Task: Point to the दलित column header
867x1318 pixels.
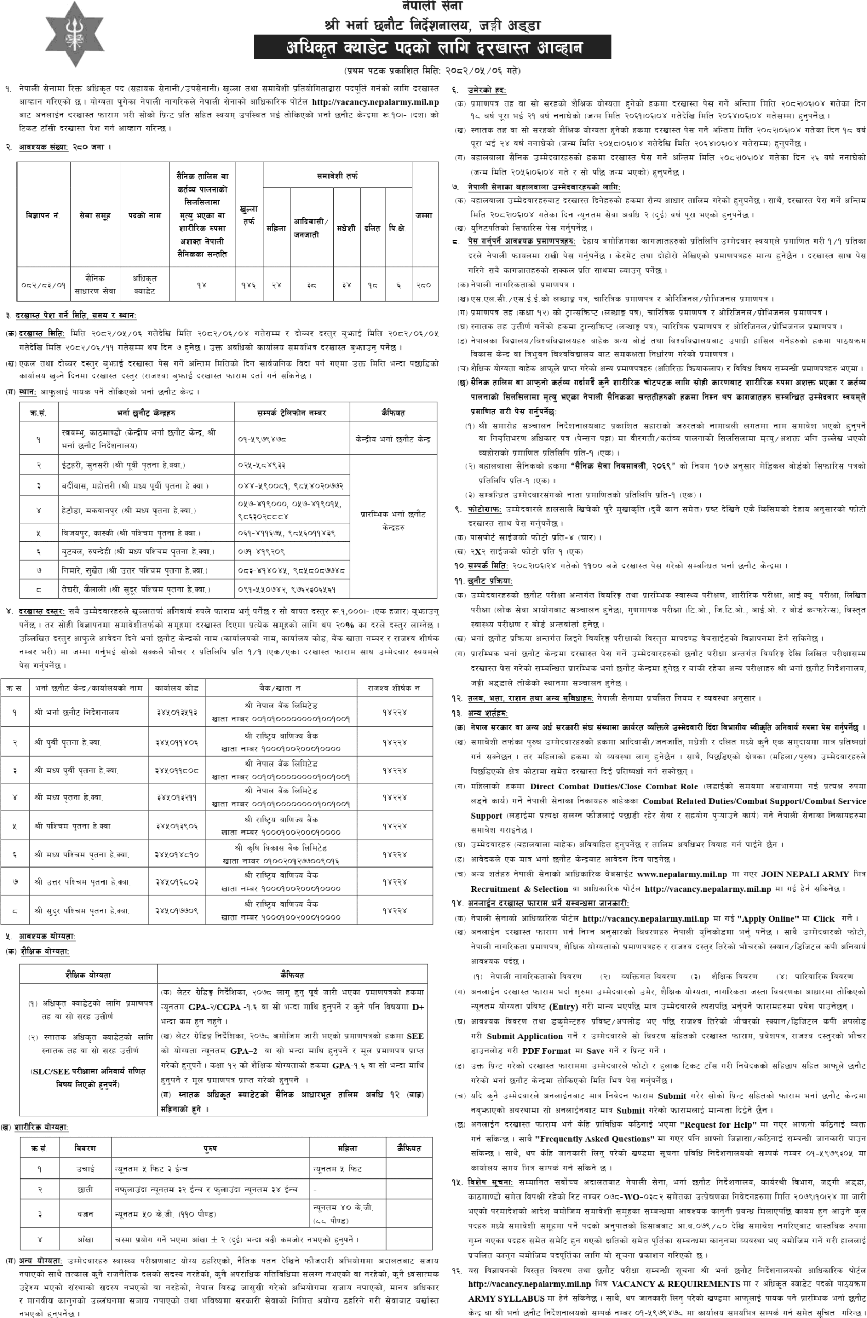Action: tap(372, 228)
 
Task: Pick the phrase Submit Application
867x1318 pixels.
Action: tap(524, 1036)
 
